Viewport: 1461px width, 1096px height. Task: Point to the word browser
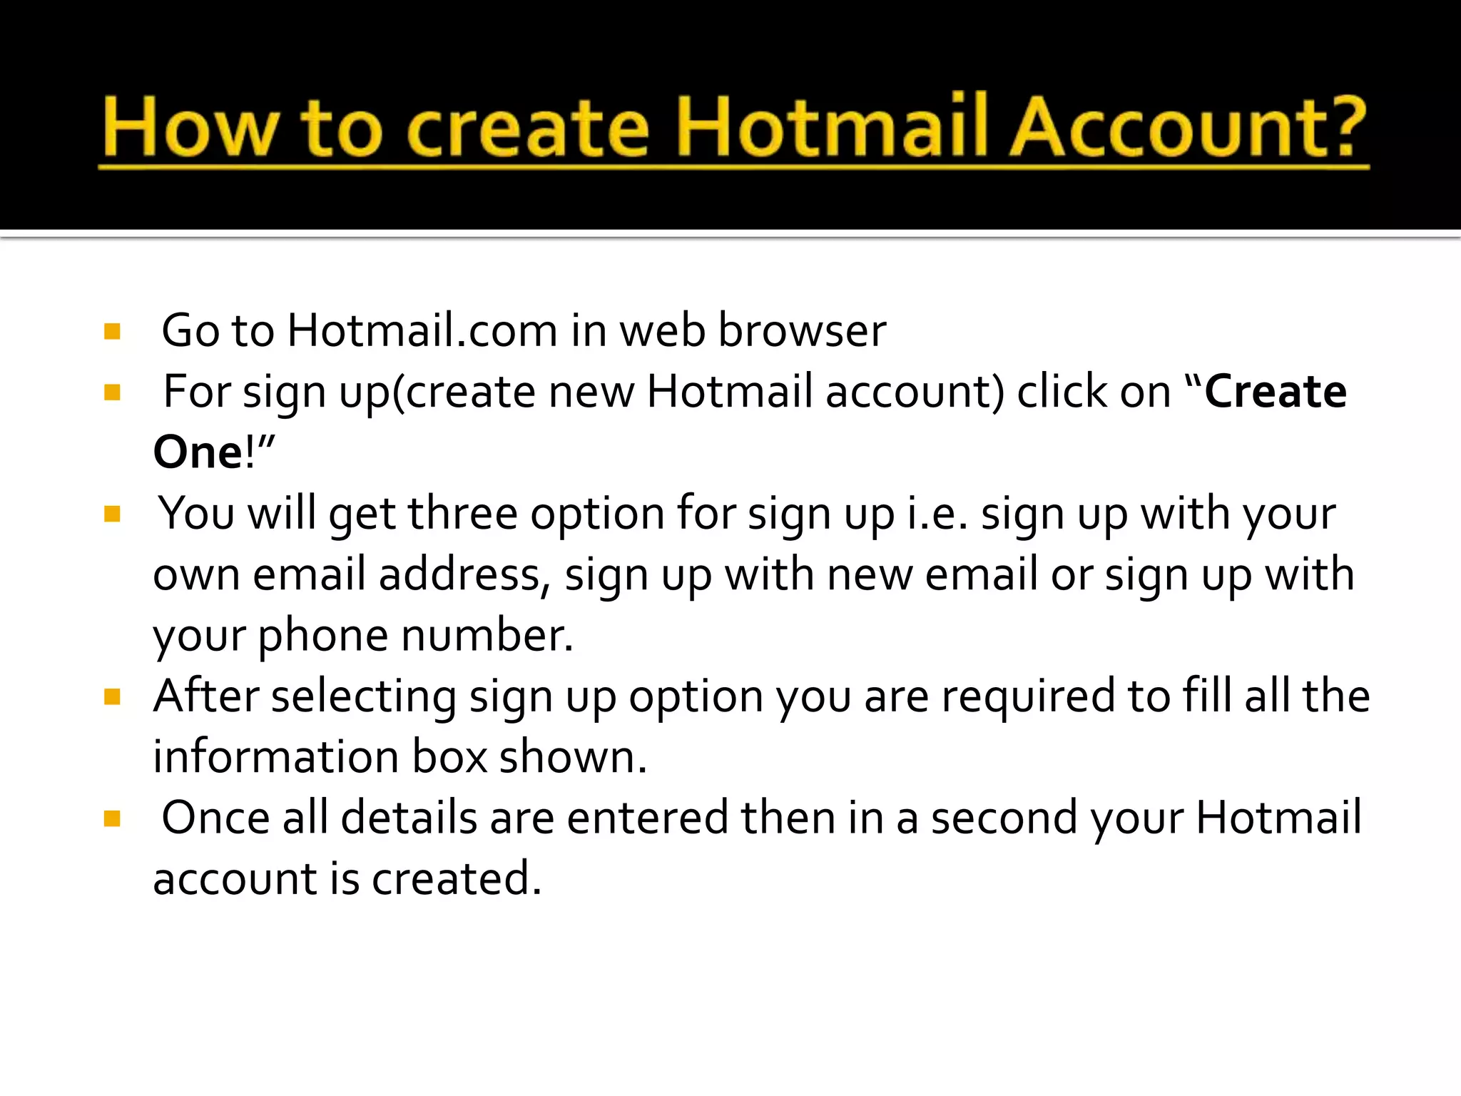802,330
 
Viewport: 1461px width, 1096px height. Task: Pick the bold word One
199,452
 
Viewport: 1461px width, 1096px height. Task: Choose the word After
206,696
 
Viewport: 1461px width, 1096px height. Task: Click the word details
409,818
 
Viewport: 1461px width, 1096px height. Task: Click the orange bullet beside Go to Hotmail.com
112,331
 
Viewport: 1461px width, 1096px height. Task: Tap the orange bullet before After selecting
112,696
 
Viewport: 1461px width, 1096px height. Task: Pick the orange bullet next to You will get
112,514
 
